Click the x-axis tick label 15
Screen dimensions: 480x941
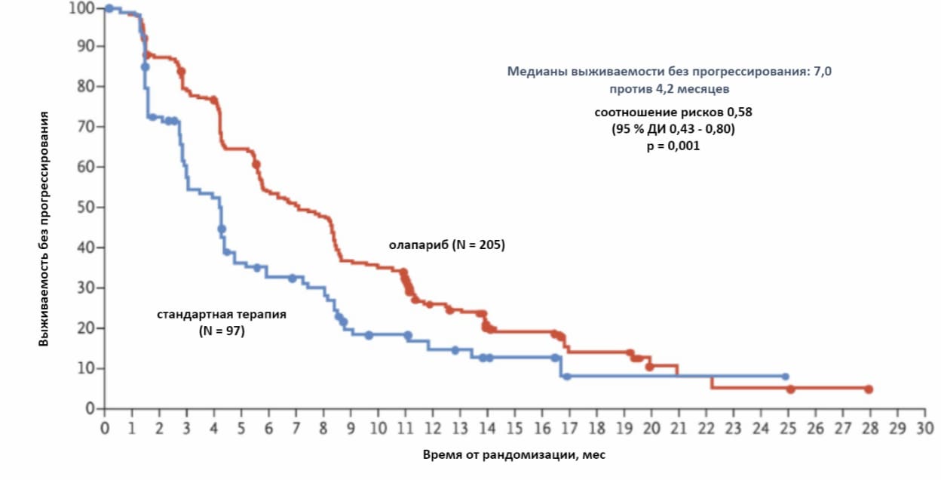514,428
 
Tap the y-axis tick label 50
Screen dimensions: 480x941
86,208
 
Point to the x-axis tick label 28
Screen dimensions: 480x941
869,428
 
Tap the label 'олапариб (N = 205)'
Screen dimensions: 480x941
446,245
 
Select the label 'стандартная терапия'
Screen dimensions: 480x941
222,314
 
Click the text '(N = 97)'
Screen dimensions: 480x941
222,331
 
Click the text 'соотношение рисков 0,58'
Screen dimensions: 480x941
673,112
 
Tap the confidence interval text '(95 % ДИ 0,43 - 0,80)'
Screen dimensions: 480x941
673,129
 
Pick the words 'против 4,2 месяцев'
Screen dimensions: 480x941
670,89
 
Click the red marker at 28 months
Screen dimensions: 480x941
869,389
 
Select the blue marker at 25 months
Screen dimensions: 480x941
785,376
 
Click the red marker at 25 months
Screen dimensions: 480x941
790,389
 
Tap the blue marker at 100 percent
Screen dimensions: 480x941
109,8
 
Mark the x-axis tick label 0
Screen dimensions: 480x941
105,428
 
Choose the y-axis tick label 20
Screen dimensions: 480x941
86,328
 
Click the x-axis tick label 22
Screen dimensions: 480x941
706,428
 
